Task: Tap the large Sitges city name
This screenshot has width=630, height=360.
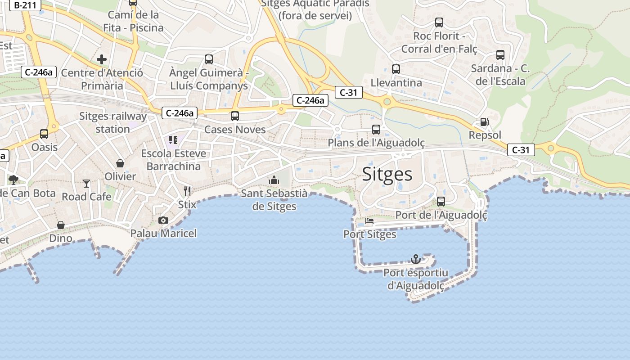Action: pyautogui.click(x=387, y=174)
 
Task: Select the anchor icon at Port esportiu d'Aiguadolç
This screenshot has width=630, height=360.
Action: pyautogui.click(x=416, y=259)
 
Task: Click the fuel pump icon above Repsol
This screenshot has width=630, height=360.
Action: pyautogui.click(x=485, y=122)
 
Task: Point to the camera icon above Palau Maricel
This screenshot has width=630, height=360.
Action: pyautogui.click(x=163, y=220)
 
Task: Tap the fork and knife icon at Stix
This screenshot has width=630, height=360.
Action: pyautogui.click(x=187, y=191)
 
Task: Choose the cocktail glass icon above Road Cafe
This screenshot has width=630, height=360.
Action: pyautogui.click(x=86, y=183)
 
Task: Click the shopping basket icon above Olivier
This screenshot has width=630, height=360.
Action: pyautogui.click(x=120, y=163)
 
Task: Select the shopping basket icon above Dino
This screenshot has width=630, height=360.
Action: pyautogui.click(x=61, y=225)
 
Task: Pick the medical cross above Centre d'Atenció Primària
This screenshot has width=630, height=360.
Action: pyautogui.click(x=102, y=59)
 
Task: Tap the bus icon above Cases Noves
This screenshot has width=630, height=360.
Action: pyautogui.click(x=235, y=116)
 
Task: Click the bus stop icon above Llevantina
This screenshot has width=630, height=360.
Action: pyautogui.click(x=396, y=69)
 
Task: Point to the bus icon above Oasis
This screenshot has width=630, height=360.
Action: pyautogui.click(x=44, y=134)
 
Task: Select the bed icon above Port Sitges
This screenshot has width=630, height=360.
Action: pyautogui.click(x=369, y=221)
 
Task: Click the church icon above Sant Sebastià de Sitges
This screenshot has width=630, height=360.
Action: pyautogui.click(x=274, y=180)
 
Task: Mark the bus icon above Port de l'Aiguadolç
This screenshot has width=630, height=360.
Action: pyautogui.click(x=441, y=202)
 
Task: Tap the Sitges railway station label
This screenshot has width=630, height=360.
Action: pyautogui.click(x=113, y=122)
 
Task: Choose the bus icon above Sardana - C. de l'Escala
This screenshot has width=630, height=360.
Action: pyautogui.click(x=500, y=55)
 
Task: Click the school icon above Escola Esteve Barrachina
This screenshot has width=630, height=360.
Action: pyautogui.click(x=173, y=140)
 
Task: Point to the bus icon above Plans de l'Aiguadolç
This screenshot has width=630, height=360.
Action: pyautogui.click(x=376, y=130)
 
